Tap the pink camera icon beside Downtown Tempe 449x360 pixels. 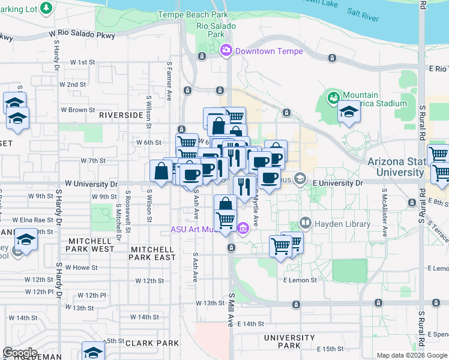(x=227, y=51)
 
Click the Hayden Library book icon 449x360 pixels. (x=306, y=224)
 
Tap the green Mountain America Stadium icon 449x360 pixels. (x=333, y=97)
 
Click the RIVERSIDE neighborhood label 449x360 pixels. (x=121, y=115)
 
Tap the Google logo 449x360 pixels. (x=20, y=353)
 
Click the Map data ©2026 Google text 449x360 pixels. (x=411, y=356)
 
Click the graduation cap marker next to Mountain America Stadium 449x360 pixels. (x=348, y=112)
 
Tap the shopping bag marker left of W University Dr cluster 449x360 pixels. (x=161, y=172)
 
